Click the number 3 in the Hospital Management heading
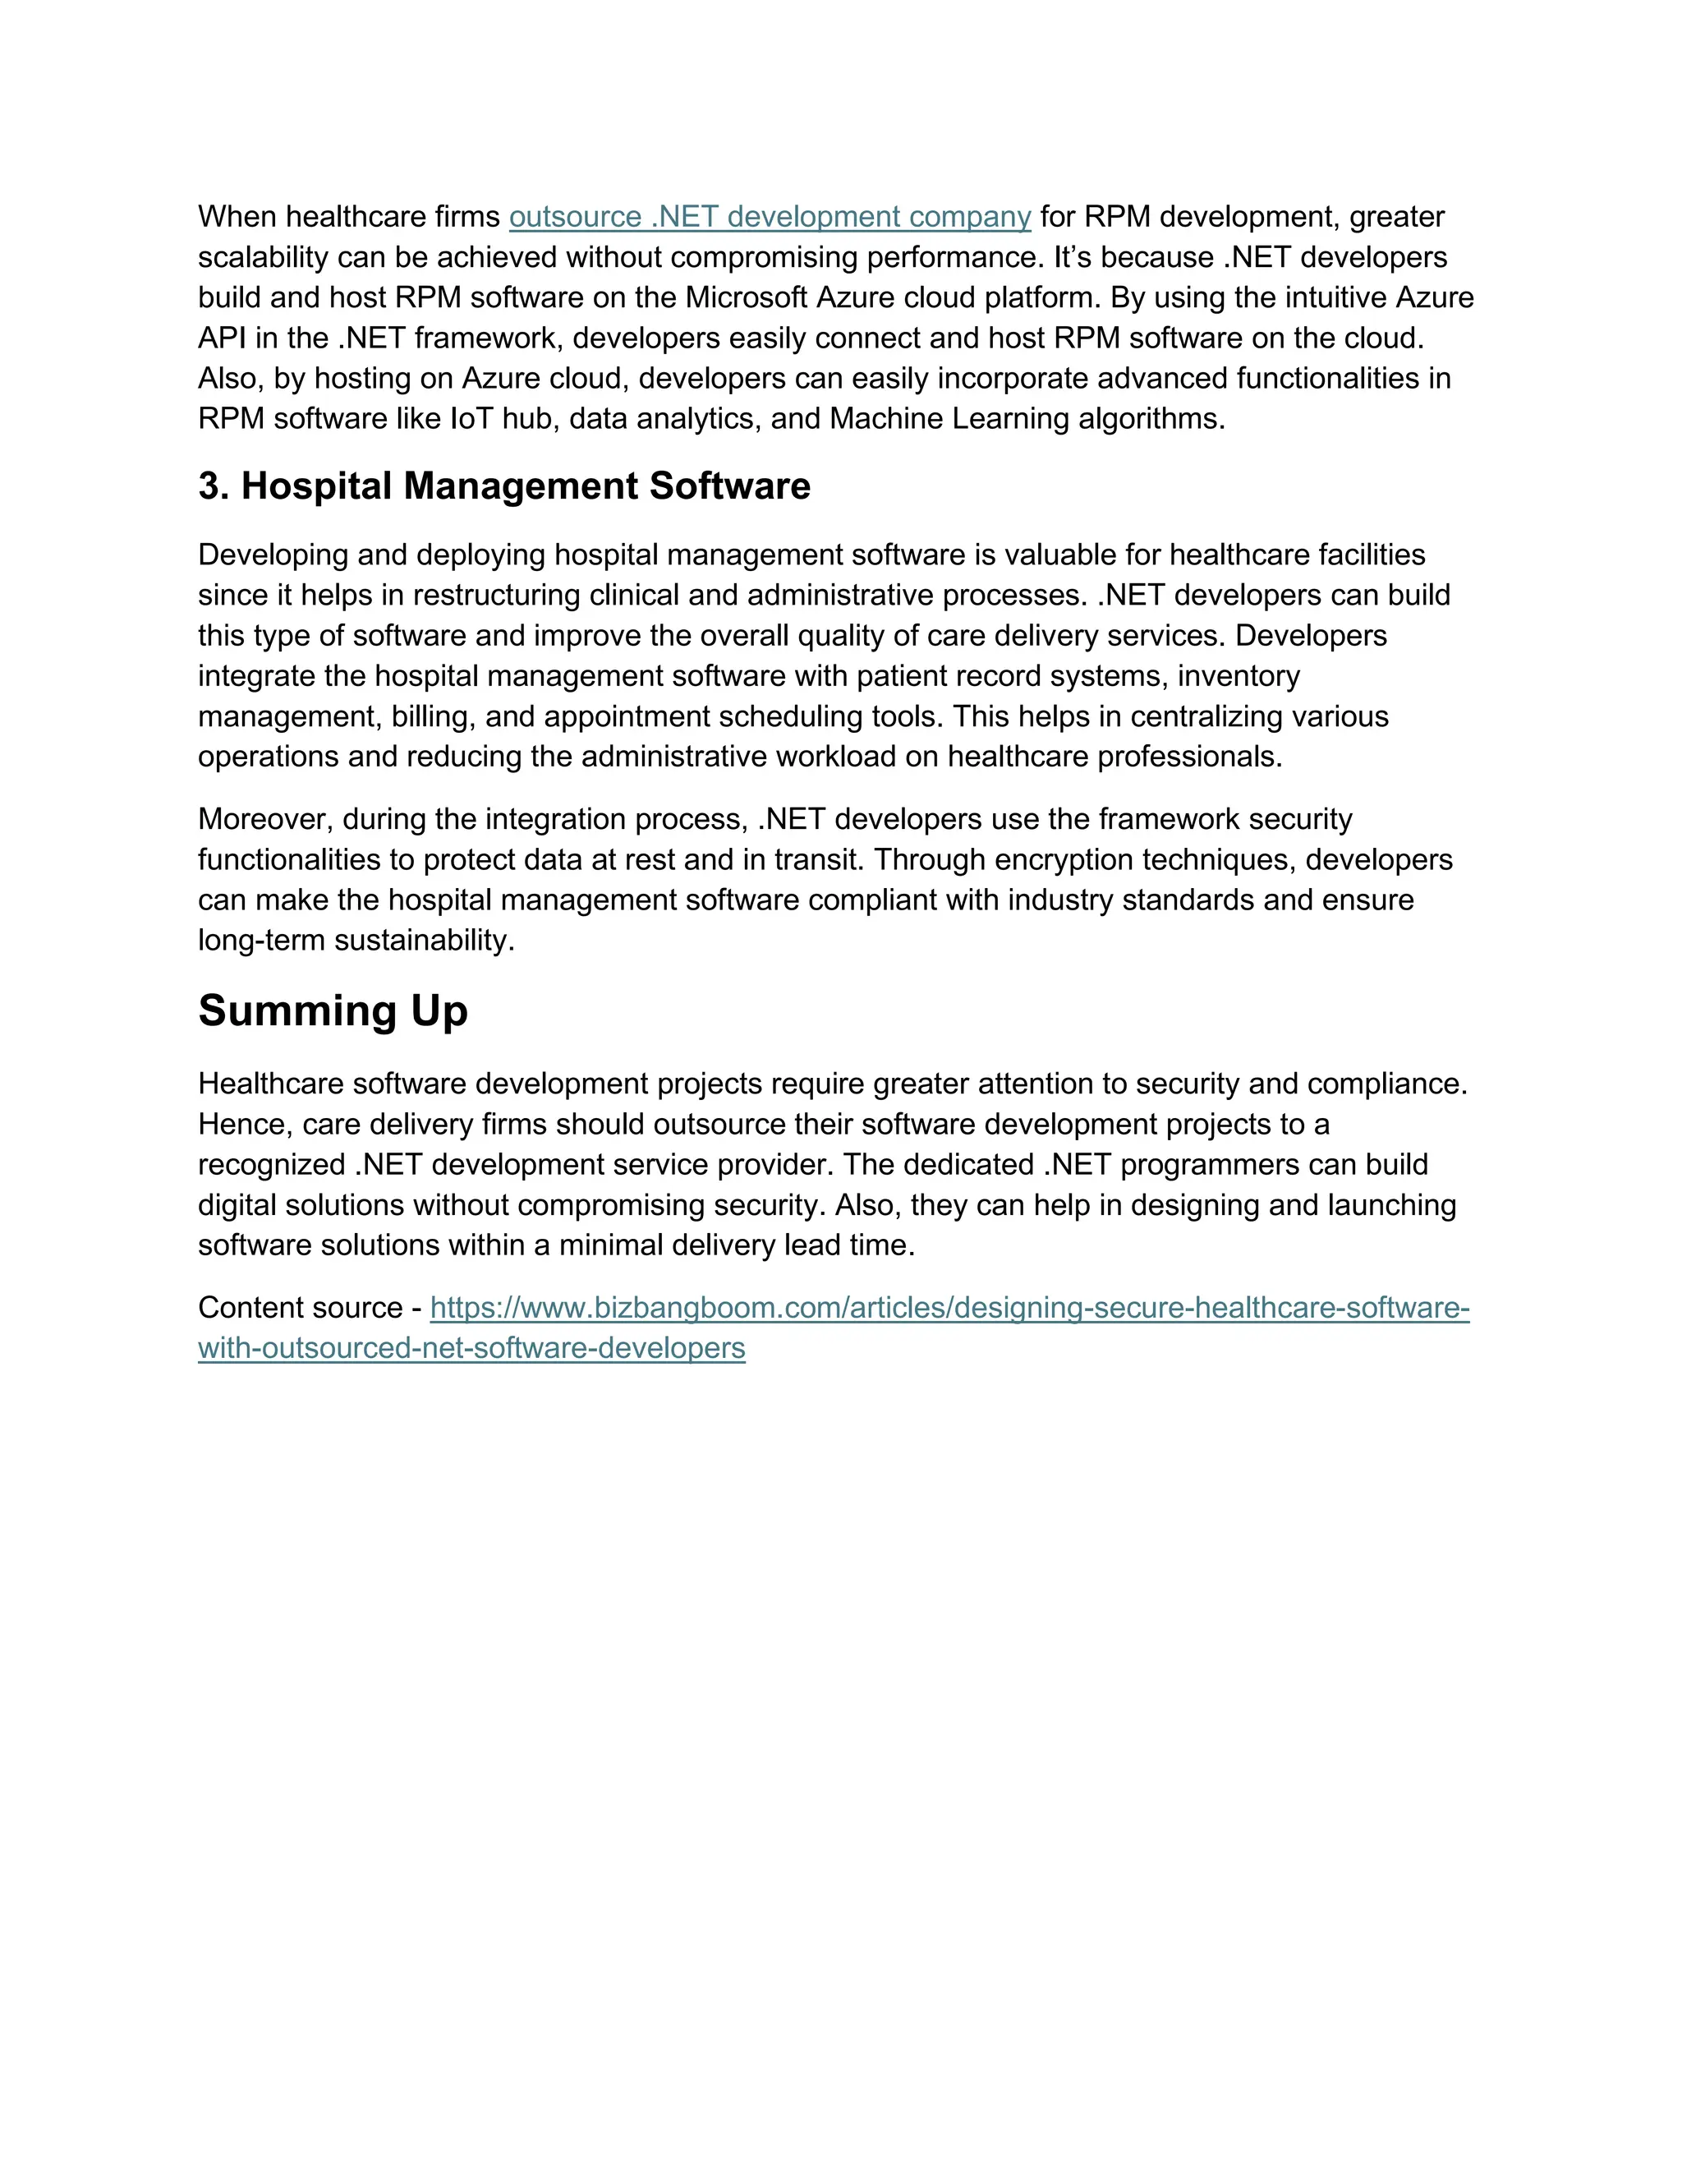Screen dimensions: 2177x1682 coord(209,486)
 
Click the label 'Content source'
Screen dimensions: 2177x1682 coord(300,1308)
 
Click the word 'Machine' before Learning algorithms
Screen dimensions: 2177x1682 coord(886,419)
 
